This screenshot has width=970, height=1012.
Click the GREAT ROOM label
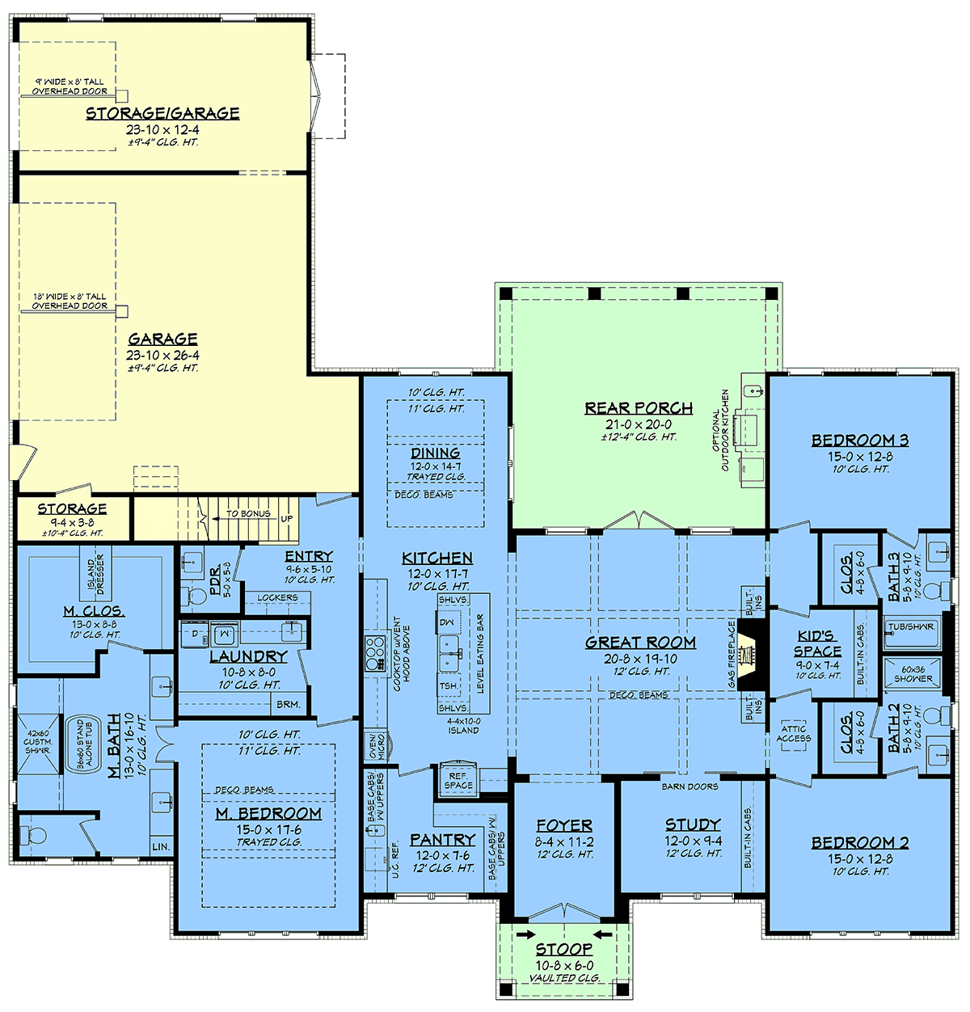pos(640,643)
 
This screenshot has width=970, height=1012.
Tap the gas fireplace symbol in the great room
pos(750,657)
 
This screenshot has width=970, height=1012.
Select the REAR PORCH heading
pos(639,408)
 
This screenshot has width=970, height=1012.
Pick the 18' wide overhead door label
pos(70,301)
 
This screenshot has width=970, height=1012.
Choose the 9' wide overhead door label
pos(70,86)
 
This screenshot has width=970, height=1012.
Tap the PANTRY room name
pos(442,839)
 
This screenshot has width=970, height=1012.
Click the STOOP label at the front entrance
pos(564,950)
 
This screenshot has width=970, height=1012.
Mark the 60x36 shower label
pos(913,674)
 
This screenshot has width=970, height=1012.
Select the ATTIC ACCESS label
pos(794,734)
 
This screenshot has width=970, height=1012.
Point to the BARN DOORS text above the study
pos(690,786)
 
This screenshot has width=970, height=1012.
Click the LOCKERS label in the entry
pos(278,597)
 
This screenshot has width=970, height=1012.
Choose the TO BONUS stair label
pos(248,514)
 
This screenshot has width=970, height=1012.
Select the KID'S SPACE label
pos(817,643)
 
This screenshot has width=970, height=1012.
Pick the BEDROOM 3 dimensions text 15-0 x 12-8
pos(860,457)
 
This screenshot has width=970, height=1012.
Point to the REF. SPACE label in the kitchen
pos(458,781)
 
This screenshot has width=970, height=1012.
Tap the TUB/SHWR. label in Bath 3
pos(912,626)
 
